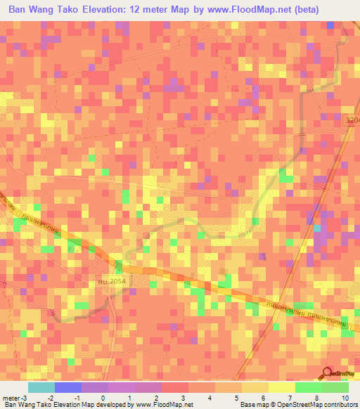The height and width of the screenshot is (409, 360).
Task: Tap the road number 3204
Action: coord(352,121)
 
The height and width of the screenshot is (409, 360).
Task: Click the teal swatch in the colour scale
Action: coord(41,388)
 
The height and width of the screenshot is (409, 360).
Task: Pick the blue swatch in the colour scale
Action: coord(68,388)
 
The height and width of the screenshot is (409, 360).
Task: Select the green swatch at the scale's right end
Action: coord(335,388)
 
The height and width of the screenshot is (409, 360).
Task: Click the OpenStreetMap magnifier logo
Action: coord(328,372)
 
